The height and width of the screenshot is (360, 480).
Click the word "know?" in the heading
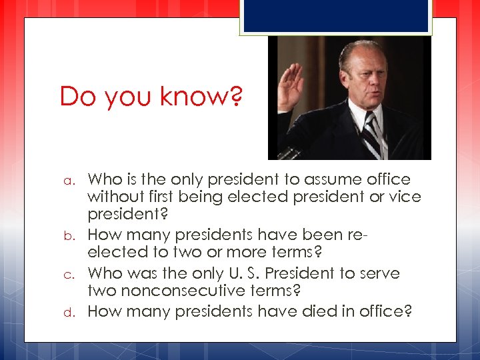click(205, 97)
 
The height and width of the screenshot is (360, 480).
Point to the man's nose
click(367, 80)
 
